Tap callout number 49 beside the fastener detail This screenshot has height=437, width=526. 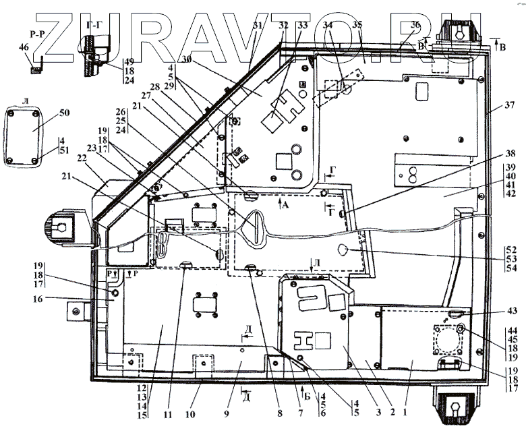[x=127, y=60]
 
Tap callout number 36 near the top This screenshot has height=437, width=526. [x=415, y=25]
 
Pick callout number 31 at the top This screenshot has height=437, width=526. [x=256, y=25]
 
